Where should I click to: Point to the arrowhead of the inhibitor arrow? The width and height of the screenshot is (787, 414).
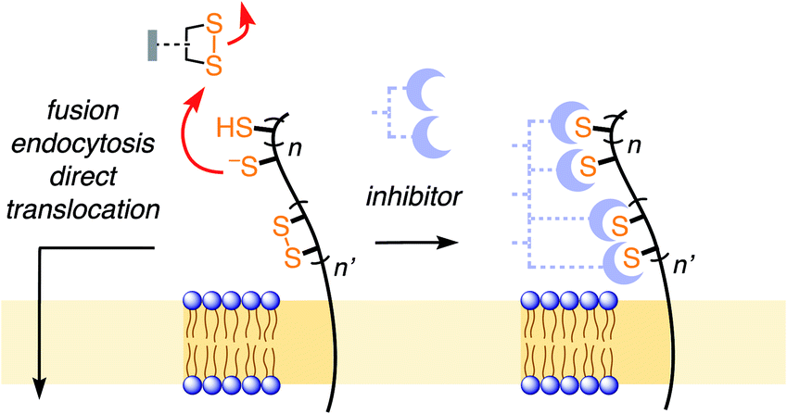(x=453, y=244)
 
